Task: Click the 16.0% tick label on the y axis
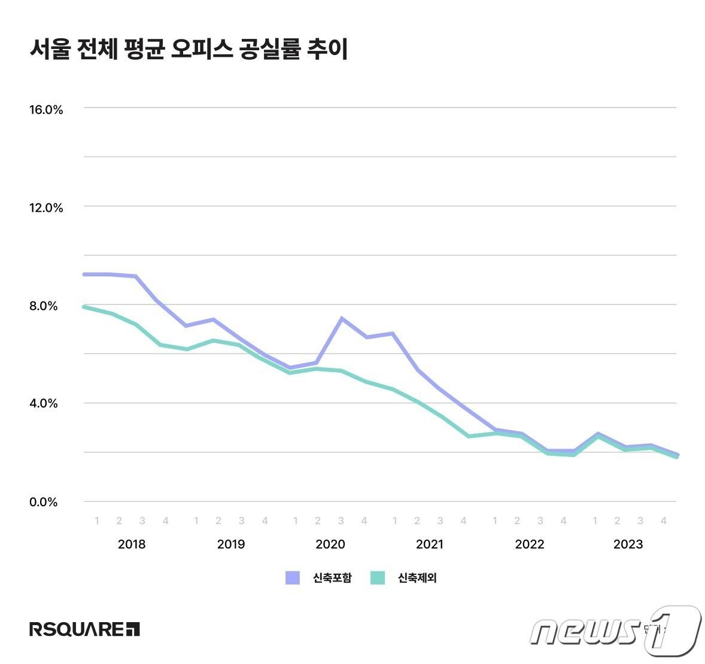pyautogui.click(x=46, y=109)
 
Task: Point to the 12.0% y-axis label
pyautogui.click(x=46, y=208)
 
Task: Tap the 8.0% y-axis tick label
pyautogui.click(x=44, y=306)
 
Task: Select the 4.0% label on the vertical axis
pyautogui.click(x=44, y=403)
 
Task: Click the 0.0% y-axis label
pyautogui.click(x=44, y=502)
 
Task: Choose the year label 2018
pyautogui.click(x=132, y=544)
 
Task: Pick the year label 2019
pyautogui.click(x=231, y=544)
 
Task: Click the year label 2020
pyautogui.click(x=330, y=544)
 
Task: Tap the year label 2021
pyautogui.click(x=430, y=544)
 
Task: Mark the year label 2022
pyautogui.click(x=530, y=544)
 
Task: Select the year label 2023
pyautogui.click(x=628, y=544)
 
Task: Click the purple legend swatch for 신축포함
pyautogui.click(x=293, y=578)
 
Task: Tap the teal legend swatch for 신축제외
pyautogui.click(x=378, y=578)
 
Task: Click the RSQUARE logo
pyautogui.click(x=84, y=629)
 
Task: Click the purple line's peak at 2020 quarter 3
pyautogui.click(x=341, y=318)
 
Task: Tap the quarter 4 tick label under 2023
pyautogui.click(x=663, y=521)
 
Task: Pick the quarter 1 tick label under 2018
pyautogui.click(x=97, y=521)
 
